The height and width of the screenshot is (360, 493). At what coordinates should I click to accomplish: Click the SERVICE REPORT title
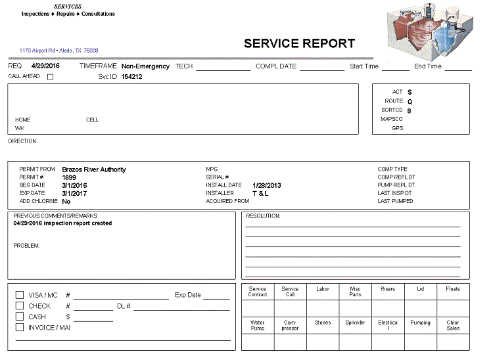[x=299, y=44]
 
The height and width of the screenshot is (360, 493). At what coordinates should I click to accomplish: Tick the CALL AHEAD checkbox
[x=50, y=77]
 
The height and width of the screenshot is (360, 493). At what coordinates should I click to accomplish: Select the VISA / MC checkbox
[x=20, y=296]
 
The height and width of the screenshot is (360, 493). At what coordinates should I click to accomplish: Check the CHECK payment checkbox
[x=20, y=306]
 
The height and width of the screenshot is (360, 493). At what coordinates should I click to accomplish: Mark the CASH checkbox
[x=20, y=317]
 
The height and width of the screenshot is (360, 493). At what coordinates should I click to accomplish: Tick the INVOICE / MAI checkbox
[x=20, y=327]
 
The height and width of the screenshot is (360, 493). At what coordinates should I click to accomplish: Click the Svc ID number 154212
[x=131, y=77]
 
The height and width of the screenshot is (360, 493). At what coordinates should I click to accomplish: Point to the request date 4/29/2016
[x=45, y=66]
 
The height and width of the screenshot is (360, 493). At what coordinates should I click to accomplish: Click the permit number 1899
[x=69, y=177]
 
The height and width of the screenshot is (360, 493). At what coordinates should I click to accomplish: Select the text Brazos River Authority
[x=94, y=169]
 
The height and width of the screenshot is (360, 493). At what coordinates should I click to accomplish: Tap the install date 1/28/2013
[x=266, y=185]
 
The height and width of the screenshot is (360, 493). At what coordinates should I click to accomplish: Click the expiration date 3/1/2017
[x=74, y=193]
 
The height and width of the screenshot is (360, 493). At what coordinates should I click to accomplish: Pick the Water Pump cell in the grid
[x=258, y=325]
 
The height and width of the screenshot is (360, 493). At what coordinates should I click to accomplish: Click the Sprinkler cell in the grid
[x=355, y=323]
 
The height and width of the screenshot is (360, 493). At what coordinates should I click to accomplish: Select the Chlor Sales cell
[x=453, y=325]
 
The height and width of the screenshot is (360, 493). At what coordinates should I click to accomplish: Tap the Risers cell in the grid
[x=388, y=289]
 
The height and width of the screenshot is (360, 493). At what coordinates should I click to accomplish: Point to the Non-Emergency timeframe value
[x=145, y=66]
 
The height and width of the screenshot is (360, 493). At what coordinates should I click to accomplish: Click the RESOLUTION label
[x=263, y=215]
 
